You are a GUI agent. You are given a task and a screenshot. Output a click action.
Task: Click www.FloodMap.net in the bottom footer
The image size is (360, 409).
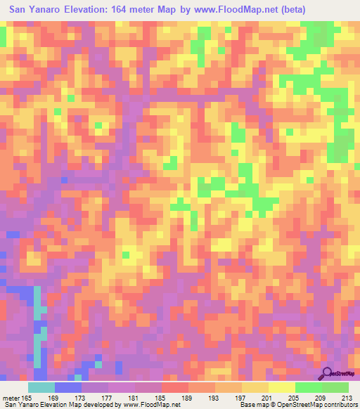pyautogui.click(x=150, y=404)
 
